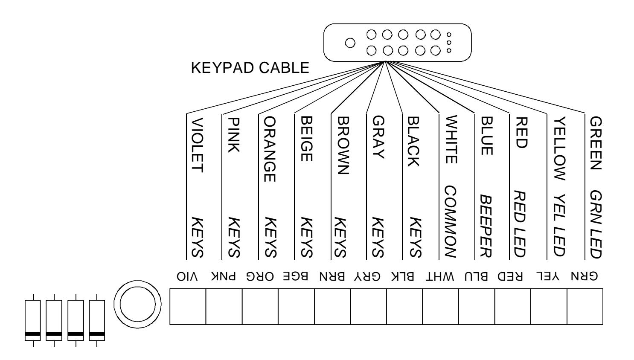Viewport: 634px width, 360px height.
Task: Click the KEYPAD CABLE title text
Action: (250, 68)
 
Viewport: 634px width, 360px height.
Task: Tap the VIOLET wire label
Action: (198, 145)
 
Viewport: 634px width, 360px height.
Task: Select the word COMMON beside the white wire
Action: (451, 222)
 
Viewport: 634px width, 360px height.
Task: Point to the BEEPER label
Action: (486, 226)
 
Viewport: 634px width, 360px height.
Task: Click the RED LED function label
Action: (520, 224)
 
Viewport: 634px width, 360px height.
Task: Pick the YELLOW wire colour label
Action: (560, 148)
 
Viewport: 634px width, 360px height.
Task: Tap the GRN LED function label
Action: (596, 224)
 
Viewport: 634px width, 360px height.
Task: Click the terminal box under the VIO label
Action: (188, 307)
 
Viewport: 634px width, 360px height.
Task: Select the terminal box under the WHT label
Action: (440, 307)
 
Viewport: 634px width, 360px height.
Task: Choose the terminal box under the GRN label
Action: (585, 307)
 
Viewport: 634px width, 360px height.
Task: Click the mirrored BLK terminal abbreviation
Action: (403, 276)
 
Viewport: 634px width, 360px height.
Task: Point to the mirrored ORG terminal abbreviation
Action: (260, 276)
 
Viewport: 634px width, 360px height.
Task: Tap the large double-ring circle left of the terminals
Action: (137, 304)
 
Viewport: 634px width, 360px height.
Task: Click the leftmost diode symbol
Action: (33, 320)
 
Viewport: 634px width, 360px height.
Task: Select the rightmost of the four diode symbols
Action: (97, 320)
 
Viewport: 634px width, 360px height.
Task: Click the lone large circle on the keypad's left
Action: (350, 43)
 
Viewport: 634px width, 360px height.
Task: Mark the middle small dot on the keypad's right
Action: (449, 43)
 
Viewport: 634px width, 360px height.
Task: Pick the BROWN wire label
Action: (343, 145)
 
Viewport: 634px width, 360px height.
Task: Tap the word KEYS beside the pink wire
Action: (234, 238)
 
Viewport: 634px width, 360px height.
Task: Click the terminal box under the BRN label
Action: (332, 307)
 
